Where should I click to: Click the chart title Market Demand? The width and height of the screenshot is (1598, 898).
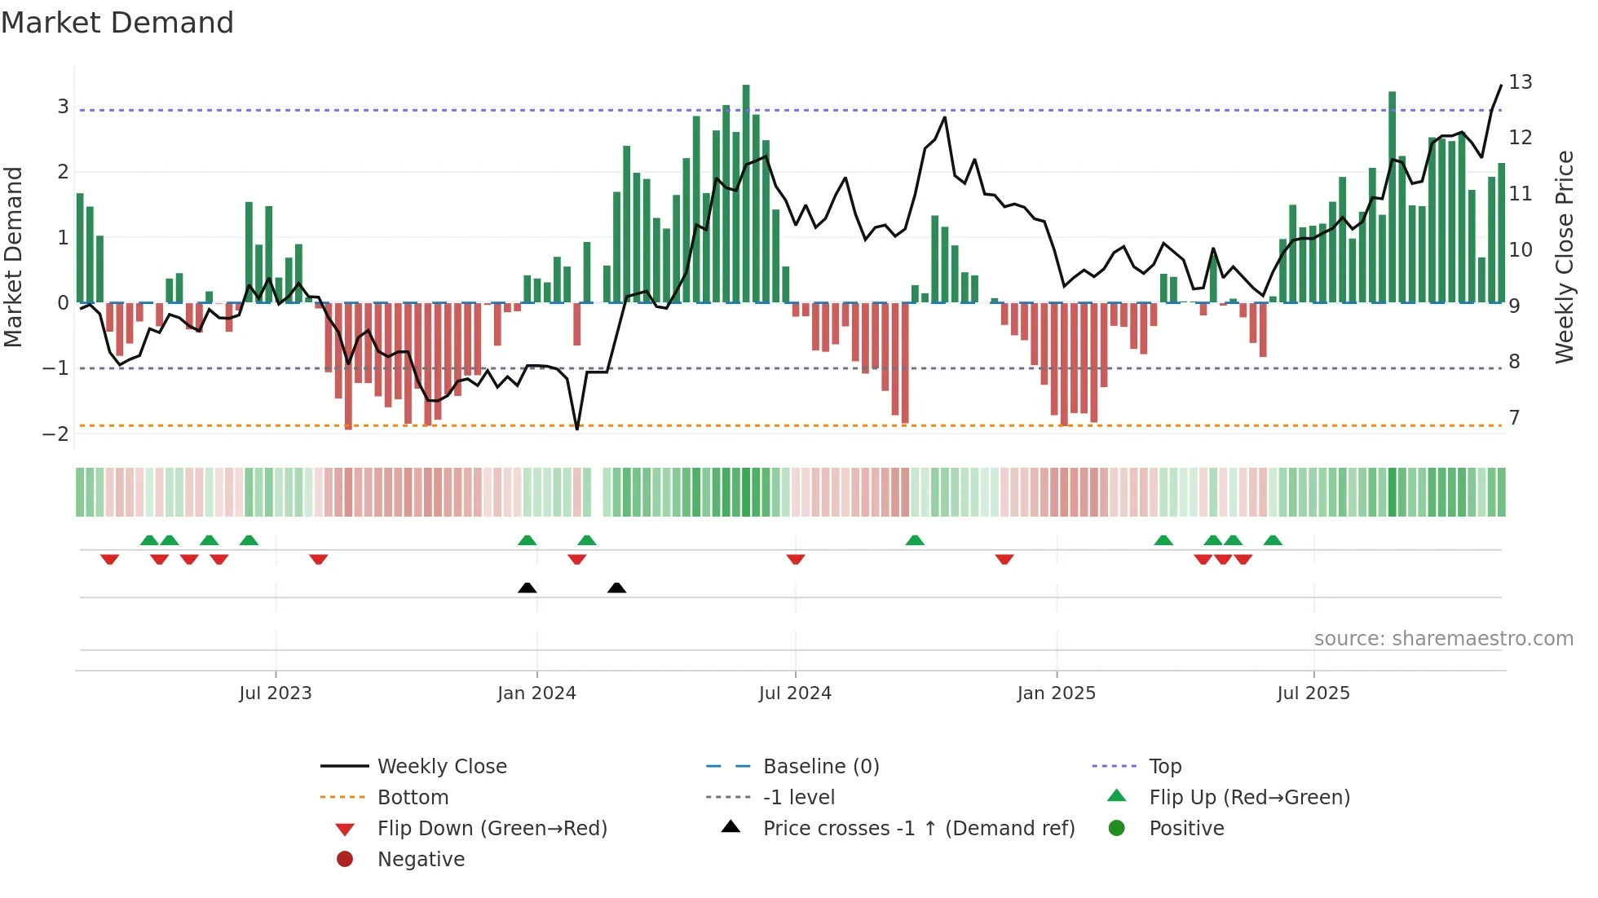117,23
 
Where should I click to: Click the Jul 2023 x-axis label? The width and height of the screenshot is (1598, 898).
275,693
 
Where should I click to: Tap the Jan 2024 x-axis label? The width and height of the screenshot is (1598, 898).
536,693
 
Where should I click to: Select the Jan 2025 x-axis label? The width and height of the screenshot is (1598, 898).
1056,693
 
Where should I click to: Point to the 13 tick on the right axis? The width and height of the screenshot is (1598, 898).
1520,82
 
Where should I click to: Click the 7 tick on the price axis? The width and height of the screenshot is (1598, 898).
1514,418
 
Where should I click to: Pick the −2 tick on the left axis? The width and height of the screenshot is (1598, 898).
55,434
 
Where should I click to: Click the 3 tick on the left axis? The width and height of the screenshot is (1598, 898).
63,107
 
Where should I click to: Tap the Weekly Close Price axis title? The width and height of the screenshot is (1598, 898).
1564,257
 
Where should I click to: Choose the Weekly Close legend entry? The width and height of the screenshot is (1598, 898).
441,767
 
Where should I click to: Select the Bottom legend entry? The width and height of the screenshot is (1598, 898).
413,798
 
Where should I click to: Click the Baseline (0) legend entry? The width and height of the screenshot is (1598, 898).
820,767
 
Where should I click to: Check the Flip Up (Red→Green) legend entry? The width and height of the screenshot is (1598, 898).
1249,798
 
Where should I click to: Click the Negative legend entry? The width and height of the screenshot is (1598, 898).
421,860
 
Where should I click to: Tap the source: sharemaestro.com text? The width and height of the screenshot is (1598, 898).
1443,639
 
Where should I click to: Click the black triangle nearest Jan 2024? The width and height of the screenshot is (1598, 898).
528,588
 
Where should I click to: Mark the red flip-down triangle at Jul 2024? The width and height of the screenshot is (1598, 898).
796,559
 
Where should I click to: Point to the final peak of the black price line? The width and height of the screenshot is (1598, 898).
1501,86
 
